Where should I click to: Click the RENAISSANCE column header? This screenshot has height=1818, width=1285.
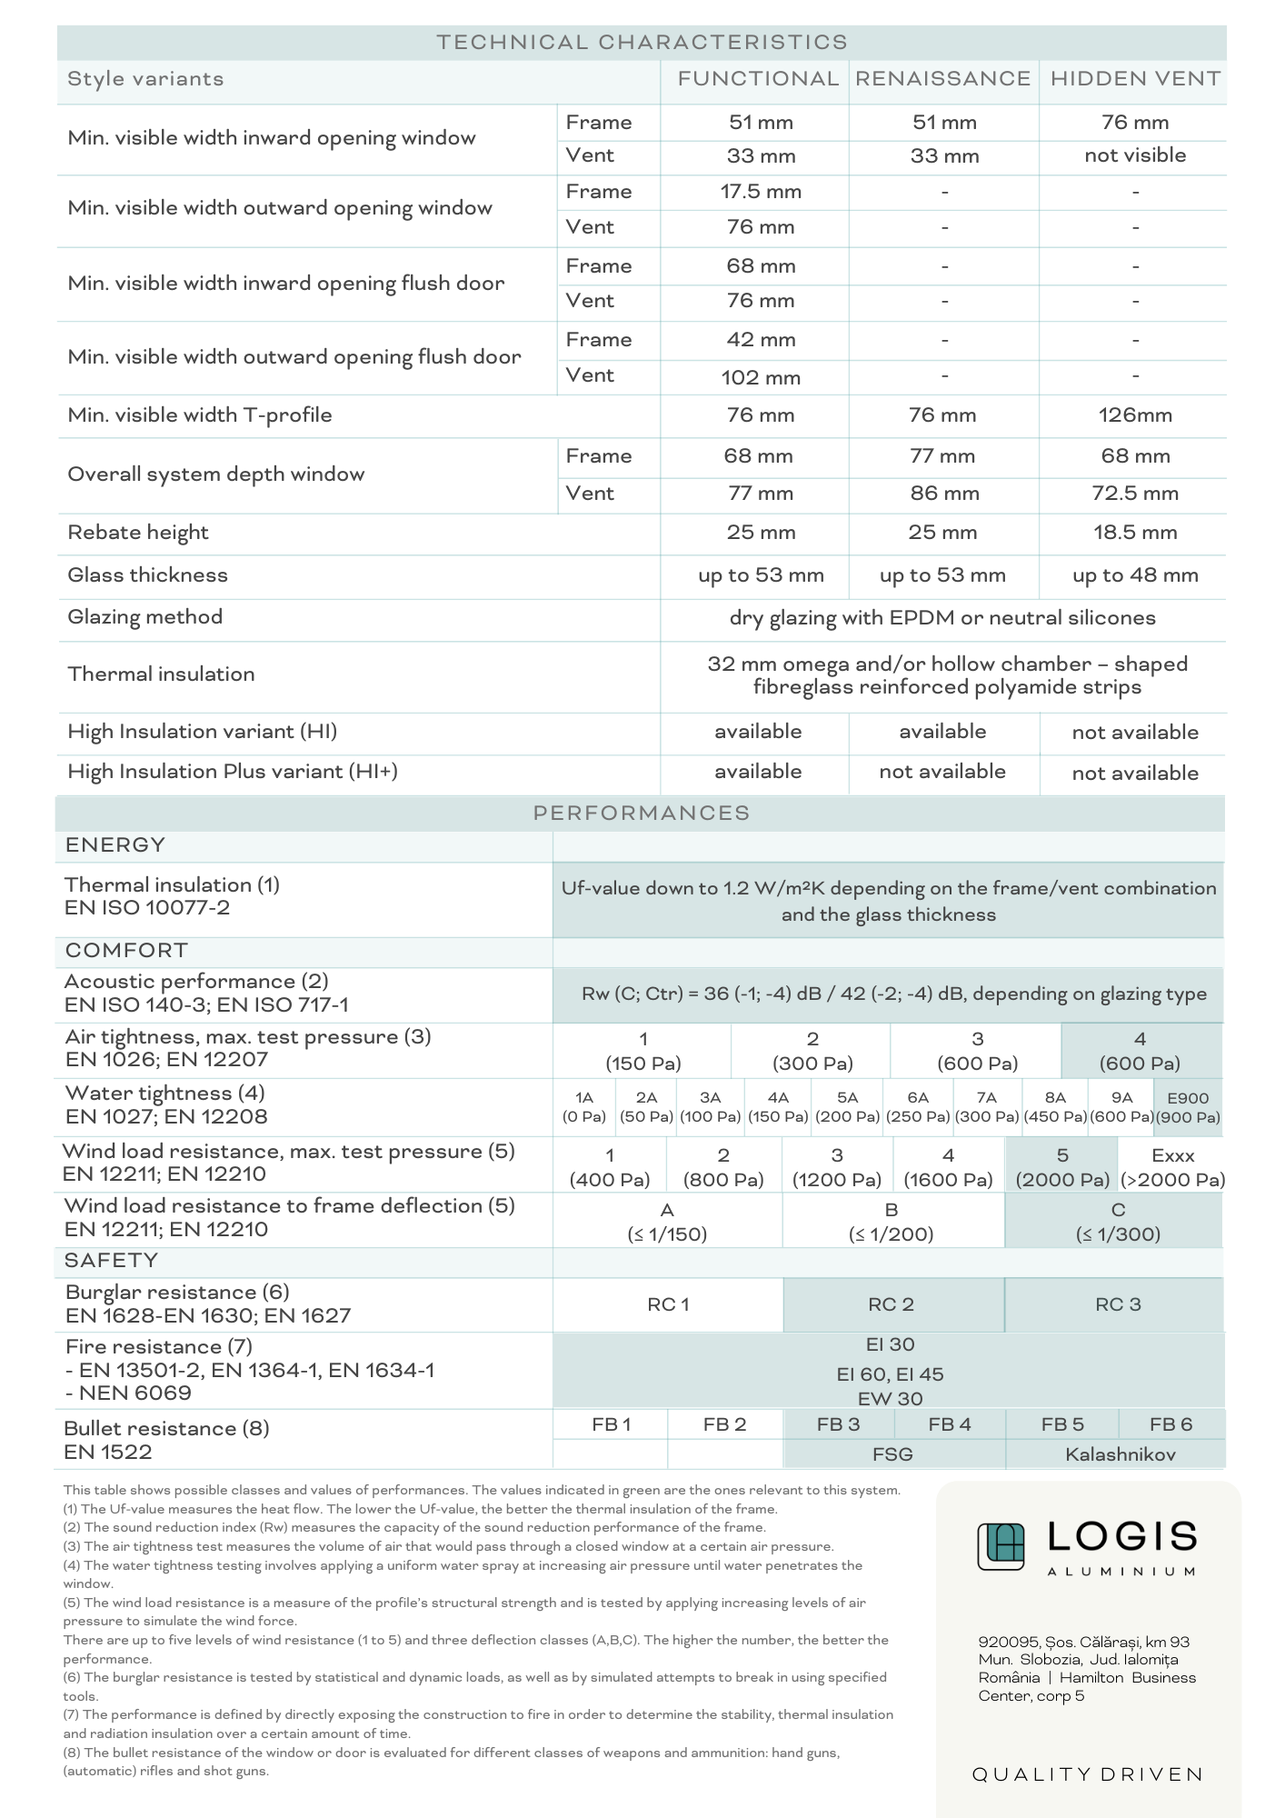point(942,79)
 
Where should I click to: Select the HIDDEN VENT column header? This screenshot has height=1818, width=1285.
point(1135,79)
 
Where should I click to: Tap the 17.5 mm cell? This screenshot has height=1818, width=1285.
point(761,192)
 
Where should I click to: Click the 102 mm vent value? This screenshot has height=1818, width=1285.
point(761,377)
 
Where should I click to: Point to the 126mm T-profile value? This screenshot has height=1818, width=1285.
point(1135,415)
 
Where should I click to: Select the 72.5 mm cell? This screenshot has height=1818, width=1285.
point(1135,494)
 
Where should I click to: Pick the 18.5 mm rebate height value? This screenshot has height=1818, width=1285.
point(1135,533)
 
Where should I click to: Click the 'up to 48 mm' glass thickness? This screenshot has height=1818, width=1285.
point(1135,575)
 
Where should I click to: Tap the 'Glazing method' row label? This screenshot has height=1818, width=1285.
point(145,617)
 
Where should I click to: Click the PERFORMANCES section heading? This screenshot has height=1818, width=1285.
point(642,813)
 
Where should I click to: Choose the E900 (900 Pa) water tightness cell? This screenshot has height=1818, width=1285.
point(1188,1107)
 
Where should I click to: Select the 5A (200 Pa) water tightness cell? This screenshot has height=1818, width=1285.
point(847,1107)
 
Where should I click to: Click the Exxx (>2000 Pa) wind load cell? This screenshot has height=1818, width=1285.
point(1172,1167)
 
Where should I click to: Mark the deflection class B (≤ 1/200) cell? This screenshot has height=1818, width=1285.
point(892,1222)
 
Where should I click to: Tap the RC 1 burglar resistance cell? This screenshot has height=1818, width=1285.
point(668,1304)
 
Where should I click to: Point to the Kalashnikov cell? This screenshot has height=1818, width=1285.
point(1120,1454)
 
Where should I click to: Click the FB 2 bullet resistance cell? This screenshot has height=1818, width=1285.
point(724,1424)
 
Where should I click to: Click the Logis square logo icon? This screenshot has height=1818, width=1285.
point(1001,1546)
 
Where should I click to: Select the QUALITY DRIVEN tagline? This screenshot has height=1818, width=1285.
point(1088,1774)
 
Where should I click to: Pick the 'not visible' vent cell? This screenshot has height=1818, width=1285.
point(1135,155)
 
